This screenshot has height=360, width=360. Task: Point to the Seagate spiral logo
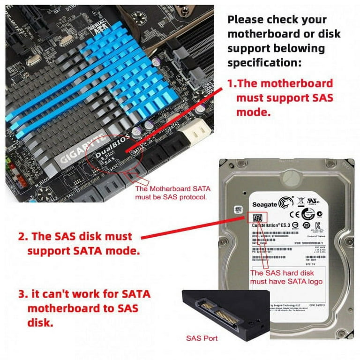285,203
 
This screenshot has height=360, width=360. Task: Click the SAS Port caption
202,338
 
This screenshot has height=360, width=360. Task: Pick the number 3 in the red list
22,295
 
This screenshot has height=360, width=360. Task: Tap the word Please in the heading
245,20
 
